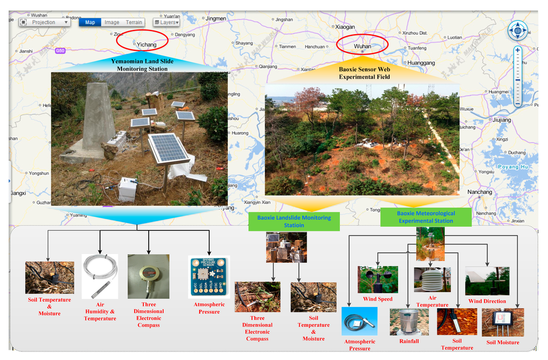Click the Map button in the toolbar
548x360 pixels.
[x=90, y=22]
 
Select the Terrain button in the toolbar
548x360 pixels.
[x=134, y=22]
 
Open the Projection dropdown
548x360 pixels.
[x=45, y=22]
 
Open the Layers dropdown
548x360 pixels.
[x=166, y=22]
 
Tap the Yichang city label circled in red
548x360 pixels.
[x=146, y=44]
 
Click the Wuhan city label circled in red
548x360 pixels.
[x=362, y=47]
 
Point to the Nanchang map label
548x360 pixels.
[x=479, y=192]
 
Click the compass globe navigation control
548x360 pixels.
[x=517, y=30]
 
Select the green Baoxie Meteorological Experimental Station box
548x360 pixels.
[x=426, y=217]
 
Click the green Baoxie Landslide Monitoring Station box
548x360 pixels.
[x=294, y=221]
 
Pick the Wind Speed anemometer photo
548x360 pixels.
[x=378, y=280]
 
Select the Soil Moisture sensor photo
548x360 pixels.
[x=503, y=322]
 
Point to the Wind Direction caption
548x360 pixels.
[x=487, y=301]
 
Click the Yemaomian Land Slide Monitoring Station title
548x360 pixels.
[x=142, y=65]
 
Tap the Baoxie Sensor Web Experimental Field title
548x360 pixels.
[x=364, y=73]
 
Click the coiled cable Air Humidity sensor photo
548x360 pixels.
[x=100, y=275]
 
